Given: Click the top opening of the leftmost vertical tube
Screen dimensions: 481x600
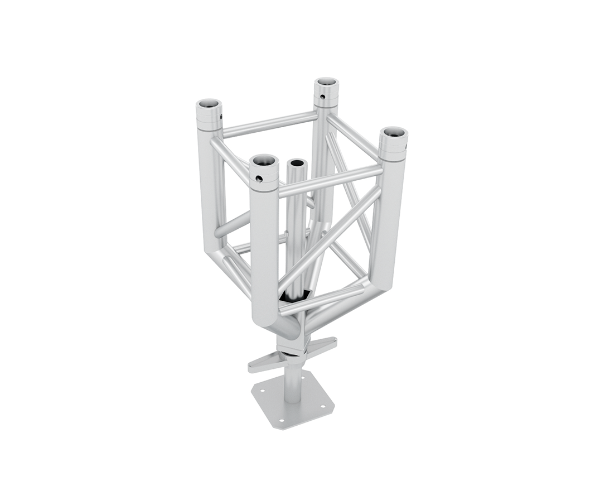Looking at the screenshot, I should (x=209, y=104).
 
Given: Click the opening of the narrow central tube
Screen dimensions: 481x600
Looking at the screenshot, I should (x=297, y=163).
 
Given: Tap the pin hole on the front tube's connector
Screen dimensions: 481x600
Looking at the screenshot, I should (x=258, y=179).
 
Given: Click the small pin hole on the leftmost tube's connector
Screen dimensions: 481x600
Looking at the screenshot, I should (x=221, y=117).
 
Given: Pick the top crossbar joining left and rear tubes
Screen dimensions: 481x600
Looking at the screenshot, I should (x=269, y=124).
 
